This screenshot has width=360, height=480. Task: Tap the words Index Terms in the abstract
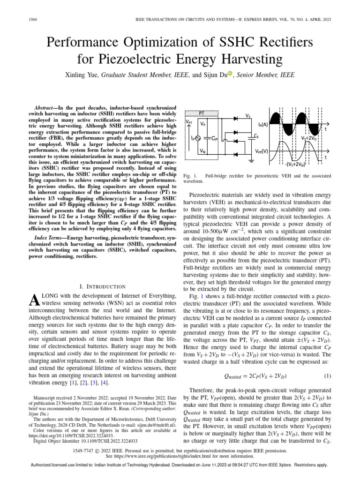[50, 239]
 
